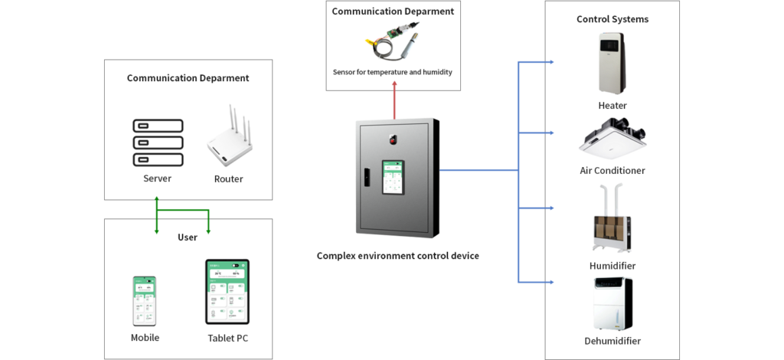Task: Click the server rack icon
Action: click(x=158, y=142)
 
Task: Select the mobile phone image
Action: click(x=145, y=301)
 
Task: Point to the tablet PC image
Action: click(x=227, y=292)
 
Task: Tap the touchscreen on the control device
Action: click(x=394, y=178)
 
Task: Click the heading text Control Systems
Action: click(x=612, y=19)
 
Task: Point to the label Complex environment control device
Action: click(x=397, y=256)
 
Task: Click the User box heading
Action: click(x=188, y=237)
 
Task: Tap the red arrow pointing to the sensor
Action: click(x=394, y=101)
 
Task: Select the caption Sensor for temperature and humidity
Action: click(x=392, y=72)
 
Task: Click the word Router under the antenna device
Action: click(x=228, y=179)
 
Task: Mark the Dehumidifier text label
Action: click(x=612, y=341)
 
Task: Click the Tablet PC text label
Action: click(x=227, y=338)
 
